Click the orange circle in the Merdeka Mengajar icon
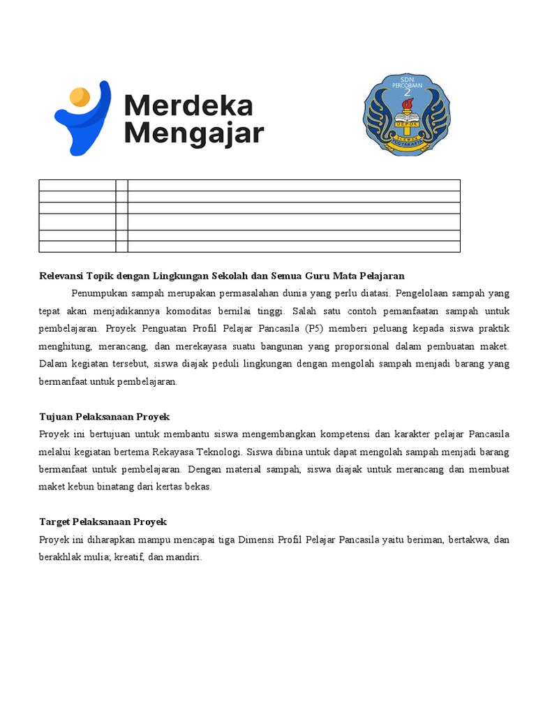pos(80,96)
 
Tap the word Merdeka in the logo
pos(188,106)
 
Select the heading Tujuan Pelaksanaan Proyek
pos(105,417)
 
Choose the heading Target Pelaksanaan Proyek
pos(103,522)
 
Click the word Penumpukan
pos(98,293)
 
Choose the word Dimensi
pos(255,540)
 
